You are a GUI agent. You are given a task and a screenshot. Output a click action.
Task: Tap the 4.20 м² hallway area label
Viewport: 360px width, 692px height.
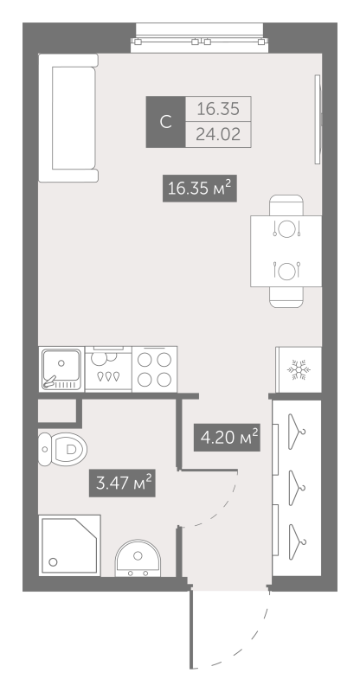click(227, 438)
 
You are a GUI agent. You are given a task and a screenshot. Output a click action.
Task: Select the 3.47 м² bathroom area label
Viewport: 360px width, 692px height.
click(122, 483)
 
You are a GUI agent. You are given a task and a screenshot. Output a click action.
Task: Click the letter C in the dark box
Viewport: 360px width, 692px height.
click(165, 122)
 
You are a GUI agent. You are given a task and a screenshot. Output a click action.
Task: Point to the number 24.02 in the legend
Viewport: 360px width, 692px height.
click(218, 134)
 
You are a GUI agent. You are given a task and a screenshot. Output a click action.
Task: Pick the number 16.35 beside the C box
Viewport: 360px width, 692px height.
click(218, 108)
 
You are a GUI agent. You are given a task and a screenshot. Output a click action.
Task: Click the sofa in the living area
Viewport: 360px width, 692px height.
click(68, 118)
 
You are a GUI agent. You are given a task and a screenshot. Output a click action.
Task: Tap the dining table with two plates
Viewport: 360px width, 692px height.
click(286, 251)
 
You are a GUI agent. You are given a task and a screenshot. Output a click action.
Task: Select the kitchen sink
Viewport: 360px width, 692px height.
click(61, 369)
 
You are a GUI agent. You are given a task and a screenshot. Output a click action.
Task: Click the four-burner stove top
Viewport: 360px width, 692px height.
click(155, 369)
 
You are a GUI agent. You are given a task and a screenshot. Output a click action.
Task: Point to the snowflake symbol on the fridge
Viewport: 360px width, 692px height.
click(299, 369)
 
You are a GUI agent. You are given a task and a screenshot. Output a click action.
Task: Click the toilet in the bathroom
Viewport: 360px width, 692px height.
click(62, 449)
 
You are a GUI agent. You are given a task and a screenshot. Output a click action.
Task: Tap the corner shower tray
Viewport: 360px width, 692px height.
click(69, 545)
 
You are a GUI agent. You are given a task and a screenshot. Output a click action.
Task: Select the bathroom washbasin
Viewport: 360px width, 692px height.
click(138, 558)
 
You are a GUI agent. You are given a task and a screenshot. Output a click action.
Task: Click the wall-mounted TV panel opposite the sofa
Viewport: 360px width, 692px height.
click(317, 119)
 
